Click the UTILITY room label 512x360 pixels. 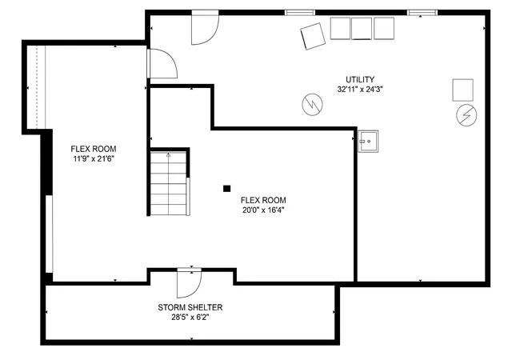pos(360,79)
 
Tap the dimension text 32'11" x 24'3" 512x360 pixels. pos(360,89)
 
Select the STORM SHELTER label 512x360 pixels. pos(190,307)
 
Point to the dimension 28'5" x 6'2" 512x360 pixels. pos(190,318)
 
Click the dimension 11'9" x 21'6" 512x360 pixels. pos(94,159)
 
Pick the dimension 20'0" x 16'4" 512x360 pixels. pos(263,210)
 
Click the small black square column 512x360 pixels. pos(226,189)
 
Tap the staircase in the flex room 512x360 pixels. pos(169,183)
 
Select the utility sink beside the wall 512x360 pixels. pos(368,141)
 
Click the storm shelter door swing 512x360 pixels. pos(190,283)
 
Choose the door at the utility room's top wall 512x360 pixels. pos(205,27)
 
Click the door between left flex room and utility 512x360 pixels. pos(162,64)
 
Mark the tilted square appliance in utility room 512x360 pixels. pos(313,36)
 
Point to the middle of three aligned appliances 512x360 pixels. pos(362,29)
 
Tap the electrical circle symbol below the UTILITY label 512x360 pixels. pos(313,105)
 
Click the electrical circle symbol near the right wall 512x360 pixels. pos(466,115)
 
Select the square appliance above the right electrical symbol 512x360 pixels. pos(462,90)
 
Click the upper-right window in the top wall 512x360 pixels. pos(422,13)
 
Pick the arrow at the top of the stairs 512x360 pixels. pos(169,155)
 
